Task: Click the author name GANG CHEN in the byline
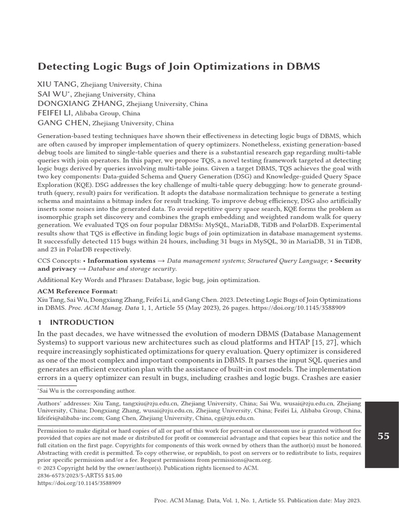click(x=64, y=123)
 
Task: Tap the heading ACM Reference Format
click(x=77, y=291)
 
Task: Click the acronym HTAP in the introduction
click(x=317, y=342)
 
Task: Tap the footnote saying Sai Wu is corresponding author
click(x=86, y=390)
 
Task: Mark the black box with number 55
click(x=381, y=435)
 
